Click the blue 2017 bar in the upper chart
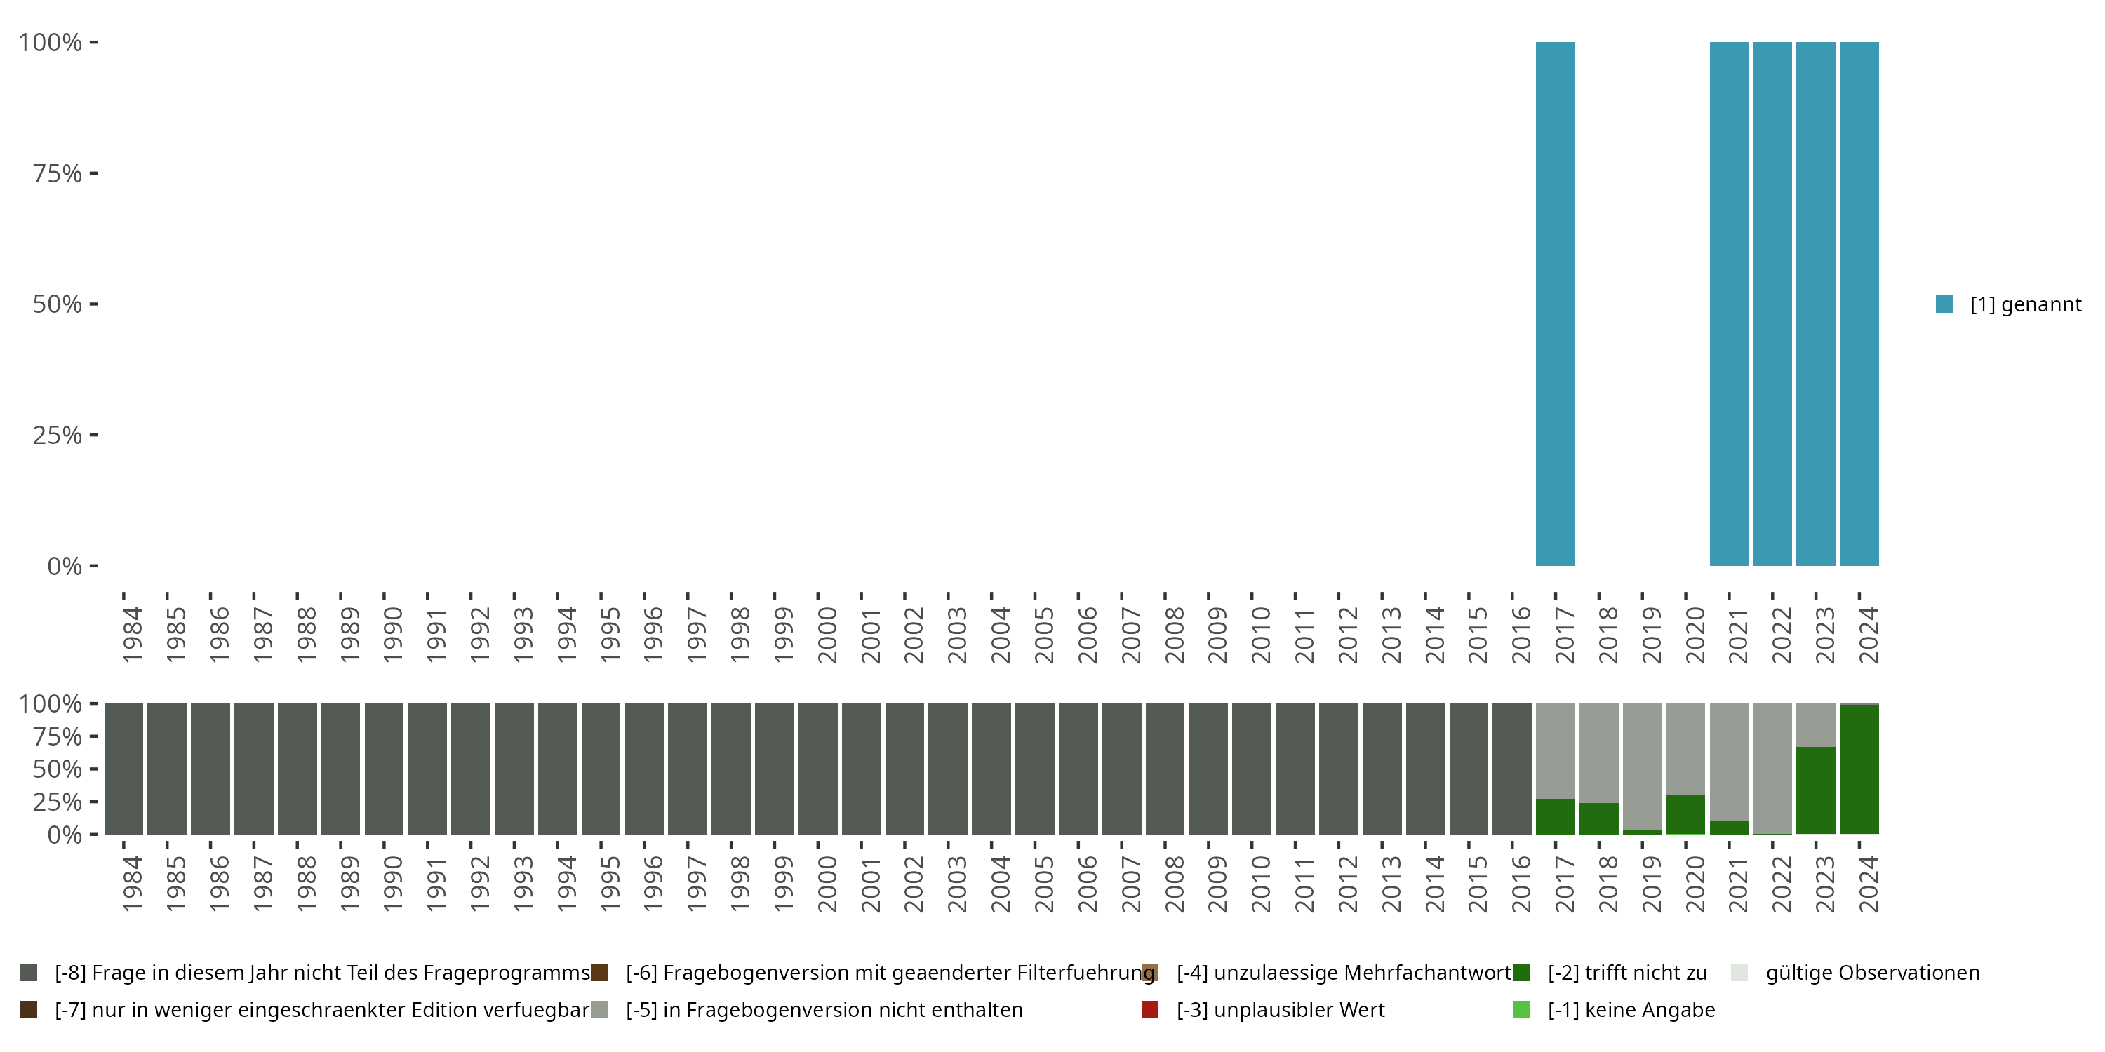(x=1555, y=304)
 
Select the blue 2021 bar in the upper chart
(x=1729, y=304)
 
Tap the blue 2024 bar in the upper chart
(x=1859, y=304)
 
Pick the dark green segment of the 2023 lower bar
(x=1816, y=790)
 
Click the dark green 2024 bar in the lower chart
(x=1859, y=769)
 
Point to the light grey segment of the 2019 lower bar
(x=1643, y=766)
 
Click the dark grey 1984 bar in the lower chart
(x=123, y=769)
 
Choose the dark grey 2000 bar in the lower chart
(x=818, y=769)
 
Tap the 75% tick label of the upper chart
(x=58, y=173)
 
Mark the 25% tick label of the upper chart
(x=58, y=435)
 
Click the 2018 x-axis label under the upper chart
(x=1608, y=635)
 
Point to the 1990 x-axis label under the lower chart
(x=392, y=884)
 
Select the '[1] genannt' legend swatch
(x=1944, y=304)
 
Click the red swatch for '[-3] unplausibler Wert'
(x=1150, y=1009)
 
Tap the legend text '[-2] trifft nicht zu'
(x=1627, y=973)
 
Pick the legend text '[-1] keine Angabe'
(x=1631, y=1009)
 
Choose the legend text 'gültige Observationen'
(x=1872, y=973)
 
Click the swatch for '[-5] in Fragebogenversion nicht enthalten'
(x=599, y=1009)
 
